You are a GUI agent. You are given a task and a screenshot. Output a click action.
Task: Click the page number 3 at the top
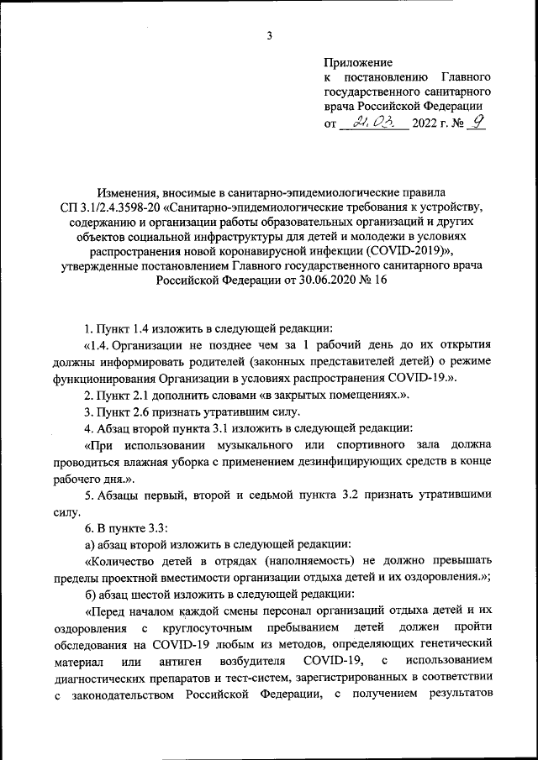pyautogui.click(x=269, y=35)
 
